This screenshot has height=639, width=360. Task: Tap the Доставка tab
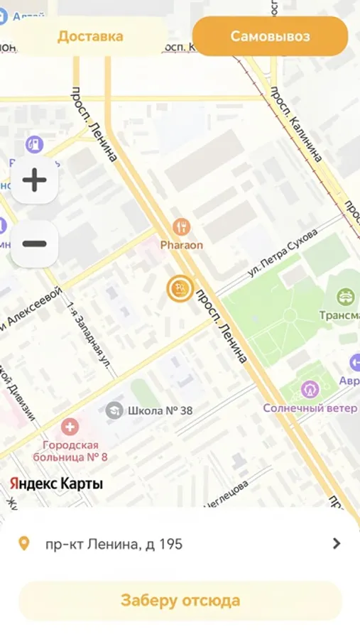coord(90,36)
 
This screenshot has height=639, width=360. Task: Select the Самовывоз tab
coord(270,36)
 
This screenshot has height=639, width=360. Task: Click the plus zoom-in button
coord(34,180)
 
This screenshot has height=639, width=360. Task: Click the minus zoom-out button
coord(34,244)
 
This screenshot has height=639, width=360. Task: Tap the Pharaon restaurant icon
coord(181,227)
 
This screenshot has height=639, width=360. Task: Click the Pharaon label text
coord(181,245)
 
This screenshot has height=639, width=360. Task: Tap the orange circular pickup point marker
coord(180,288)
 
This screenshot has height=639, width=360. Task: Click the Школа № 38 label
coord(160,410)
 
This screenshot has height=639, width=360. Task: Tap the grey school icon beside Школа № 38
coord(114,410)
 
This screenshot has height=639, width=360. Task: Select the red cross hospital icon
coord(70,427)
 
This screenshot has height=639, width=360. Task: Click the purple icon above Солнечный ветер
coord(309,389)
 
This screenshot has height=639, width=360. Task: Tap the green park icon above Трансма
coord(346,295)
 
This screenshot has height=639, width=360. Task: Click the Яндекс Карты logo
coord(56,484)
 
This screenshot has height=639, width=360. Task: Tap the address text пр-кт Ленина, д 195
coord(114,545)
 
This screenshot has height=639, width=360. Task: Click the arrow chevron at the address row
coord(337,544)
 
